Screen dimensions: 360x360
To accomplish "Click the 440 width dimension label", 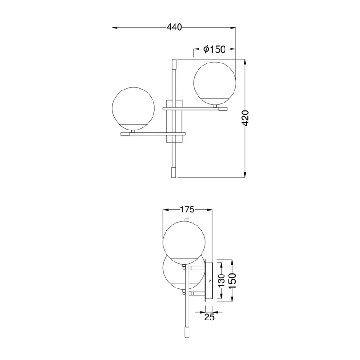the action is (174, 27).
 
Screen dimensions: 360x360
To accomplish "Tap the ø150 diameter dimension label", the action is (215, 49).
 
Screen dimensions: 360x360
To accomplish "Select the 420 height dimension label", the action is (246, 118).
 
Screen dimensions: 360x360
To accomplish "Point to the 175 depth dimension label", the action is (187, 209).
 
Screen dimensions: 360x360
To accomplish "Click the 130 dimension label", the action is (221, 280).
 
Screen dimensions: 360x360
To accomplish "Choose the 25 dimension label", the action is (209, 317).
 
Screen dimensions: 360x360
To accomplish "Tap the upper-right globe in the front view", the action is (215, 83).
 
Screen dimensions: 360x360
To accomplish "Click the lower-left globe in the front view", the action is (133, 108).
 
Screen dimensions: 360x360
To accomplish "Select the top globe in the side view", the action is (184, 243).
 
